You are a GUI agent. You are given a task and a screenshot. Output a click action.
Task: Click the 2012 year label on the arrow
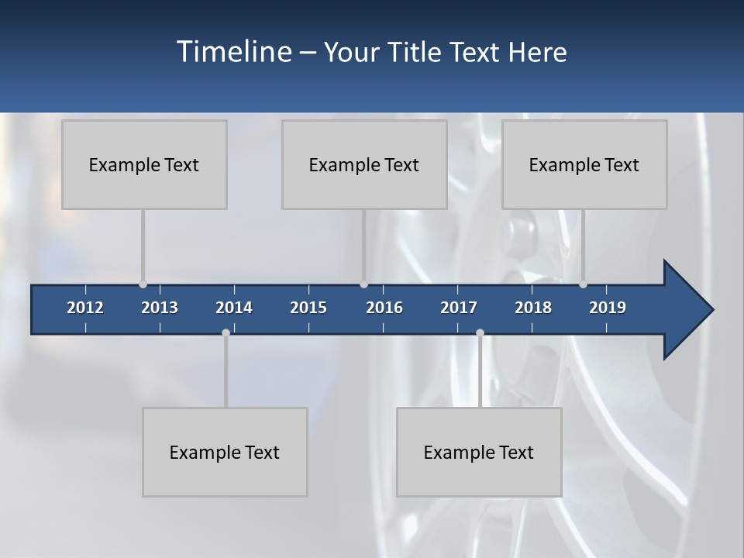85,308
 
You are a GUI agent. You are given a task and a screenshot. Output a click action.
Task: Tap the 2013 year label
160,308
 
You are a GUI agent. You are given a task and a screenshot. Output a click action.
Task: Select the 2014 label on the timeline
234,308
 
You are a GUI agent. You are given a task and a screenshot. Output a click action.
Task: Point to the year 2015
308,308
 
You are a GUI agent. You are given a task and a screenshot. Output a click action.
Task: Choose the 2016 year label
384,308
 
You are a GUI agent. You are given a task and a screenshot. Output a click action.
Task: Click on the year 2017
459,308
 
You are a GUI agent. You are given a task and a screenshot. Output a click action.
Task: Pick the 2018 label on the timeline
533,308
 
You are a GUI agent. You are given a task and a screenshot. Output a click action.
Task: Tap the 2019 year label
608,308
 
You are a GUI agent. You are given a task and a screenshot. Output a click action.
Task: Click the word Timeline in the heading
233,52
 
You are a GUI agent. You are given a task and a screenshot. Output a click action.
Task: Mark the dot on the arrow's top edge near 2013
143,284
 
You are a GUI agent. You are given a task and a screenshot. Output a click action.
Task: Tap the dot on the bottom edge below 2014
226,333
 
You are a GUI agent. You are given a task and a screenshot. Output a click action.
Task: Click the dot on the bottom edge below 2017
480,333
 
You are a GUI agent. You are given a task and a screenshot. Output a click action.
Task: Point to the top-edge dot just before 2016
363,284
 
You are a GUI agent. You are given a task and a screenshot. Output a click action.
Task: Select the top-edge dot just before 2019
583,284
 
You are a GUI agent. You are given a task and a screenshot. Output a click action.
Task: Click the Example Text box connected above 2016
364,164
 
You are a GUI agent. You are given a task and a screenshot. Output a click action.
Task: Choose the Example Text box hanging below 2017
479,452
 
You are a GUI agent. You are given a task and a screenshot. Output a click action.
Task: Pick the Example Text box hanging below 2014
225,452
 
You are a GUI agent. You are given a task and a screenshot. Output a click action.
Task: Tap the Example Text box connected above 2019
584,164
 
